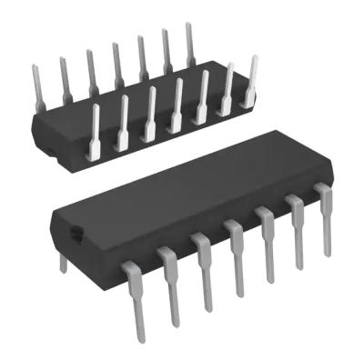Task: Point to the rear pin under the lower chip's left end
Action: click(63, 262)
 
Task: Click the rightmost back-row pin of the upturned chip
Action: click(190, 45)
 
